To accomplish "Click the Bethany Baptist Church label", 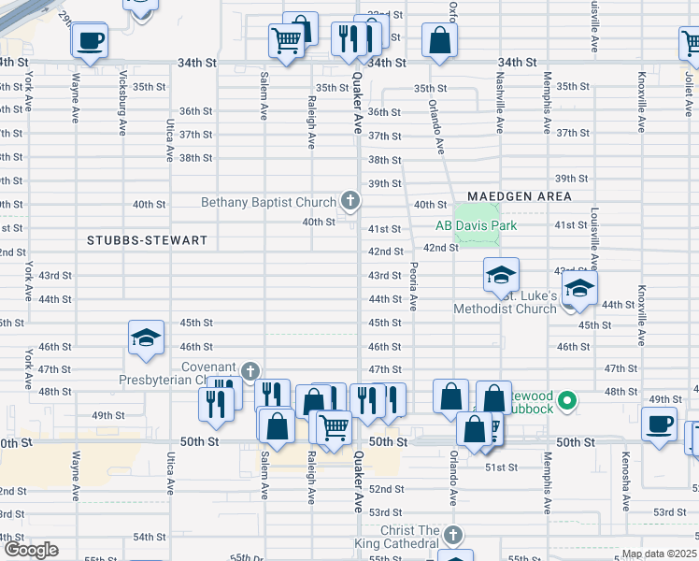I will (x=270, y=202).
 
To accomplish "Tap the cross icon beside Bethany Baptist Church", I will (x=349, y=200).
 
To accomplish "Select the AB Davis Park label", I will (x=476, y=225).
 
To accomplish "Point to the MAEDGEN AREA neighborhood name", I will (x=525, y=195).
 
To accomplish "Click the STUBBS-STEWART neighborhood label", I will (x=147, y=240).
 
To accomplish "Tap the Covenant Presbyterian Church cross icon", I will (x=250, y=371).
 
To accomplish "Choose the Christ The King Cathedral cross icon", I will (x=452, y=536).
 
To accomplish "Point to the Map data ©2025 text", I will (x=659, y=554).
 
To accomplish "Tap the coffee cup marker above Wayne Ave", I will (x=90, y=42).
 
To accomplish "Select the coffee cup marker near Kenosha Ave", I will (x=659, y=423).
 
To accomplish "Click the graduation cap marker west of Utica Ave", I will (x=146, y=338).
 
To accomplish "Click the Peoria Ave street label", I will (x=413, y=286).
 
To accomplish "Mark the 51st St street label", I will (x=500, y=467).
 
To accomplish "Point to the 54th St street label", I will (x=149, y=537).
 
